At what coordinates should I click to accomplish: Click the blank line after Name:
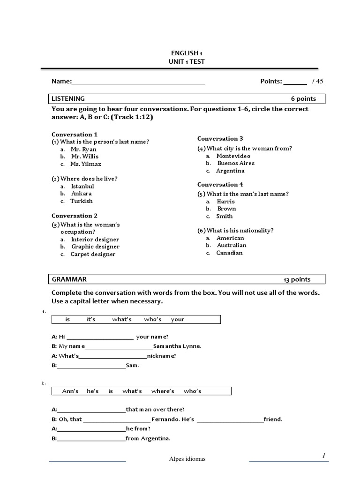point(138,83)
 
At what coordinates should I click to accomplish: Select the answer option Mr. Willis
point(84,157)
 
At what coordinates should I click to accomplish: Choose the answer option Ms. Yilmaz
point(85,164)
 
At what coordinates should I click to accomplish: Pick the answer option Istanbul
point(82,186)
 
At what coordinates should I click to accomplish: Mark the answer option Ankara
point(81,194)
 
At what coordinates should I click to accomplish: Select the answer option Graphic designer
point(95,247)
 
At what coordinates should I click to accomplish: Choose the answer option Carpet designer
point(93,254)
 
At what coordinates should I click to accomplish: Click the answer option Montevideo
point(233,156)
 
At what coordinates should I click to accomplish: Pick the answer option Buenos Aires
point(236,163)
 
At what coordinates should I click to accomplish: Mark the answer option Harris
point(225,201)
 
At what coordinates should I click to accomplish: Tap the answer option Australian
point(231,245)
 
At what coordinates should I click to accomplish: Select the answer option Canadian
point(229,253)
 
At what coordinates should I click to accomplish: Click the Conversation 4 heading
point(220,185)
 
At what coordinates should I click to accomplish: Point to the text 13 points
point(297,280)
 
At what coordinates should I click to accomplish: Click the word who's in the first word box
point(153,320)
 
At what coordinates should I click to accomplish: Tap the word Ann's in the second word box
point(70,391)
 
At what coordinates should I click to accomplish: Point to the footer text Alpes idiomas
point(187,459)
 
